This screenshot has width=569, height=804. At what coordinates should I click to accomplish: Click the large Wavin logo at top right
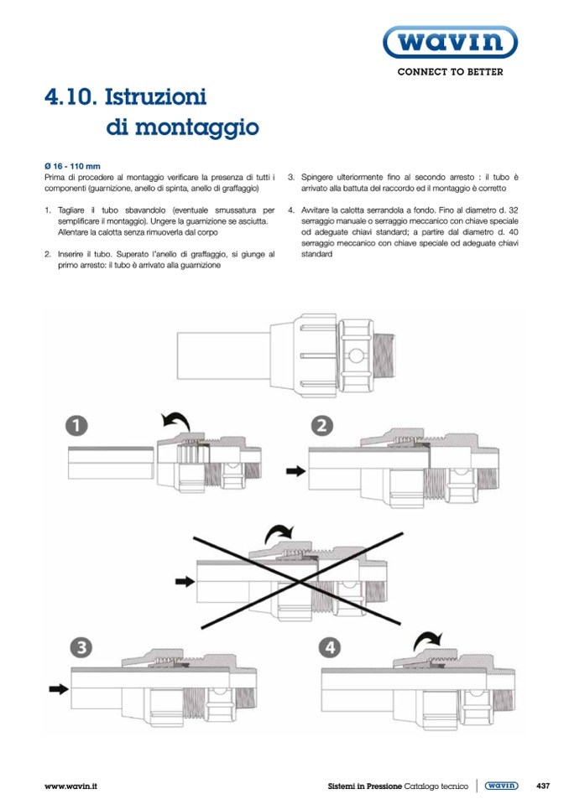tap(450, 43)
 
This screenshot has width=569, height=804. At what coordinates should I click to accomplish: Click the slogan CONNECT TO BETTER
tap(450, 72)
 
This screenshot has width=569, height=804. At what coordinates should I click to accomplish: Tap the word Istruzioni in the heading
tap(156, 97)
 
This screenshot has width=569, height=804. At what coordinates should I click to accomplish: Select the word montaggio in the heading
tap(182, 128)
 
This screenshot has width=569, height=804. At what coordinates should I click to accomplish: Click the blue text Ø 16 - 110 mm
tap(71, 166)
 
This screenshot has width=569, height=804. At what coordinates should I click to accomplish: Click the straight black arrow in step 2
tap(296, 472)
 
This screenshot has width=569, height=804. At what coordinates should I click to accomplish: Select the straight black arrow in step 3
tap(57, 689)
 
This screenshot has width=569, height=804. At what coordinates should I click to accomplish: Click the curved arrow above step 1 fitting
tap(174, 419)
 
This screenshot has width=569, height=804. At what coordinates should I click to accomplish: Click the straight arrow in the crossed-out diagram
tap(183, 579)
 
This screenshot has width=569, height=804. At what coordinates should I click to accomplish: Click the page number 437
tap(542, 786)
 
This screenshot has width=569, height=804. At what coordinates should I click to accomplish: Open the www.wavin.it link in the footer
tap(70, 786)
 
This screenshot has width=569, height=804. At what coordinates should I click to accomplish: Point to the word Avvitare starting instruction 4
tap(317, 210)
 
